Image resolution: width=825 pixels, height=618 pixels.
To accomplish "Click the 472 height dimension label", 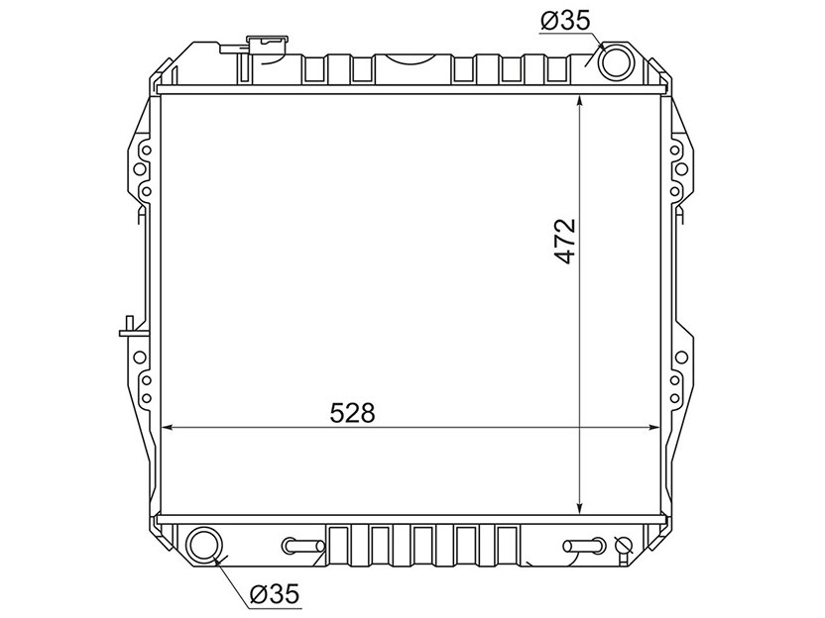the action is (565, 241).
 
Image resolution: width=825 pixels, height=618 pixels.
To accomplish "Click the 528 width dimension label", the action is (353, 413).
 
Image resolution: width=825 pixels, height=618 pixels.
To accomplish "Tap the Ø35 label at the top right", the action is (565, 21).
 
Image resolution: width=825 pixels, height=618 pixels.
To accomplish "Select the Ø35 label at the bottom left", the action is (274, 594).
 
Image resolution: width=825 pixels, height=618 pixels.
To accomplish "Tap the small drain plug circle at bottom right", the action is (624, 546).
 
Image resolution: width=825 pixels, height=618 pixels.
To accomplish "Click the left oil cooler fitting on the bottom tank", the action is (303, 546).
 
